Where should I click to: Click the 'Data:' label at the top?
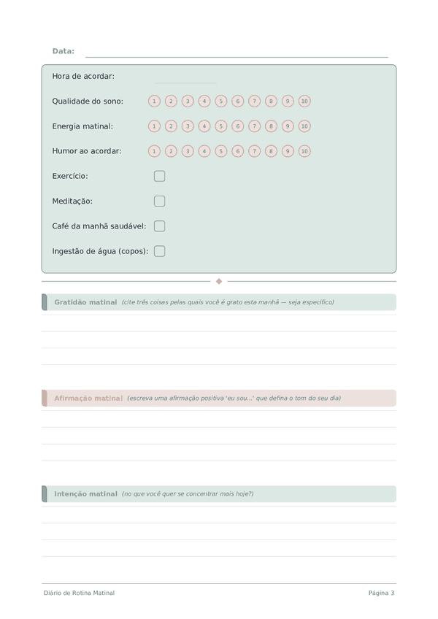pyautogui.click(x=64, y=51)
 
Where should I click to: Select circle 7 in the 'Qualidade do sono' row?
pyautogui.click(x=254, y=101)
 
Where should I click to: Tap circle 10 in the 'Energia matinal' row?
pyautogui.click(x=304, y=126)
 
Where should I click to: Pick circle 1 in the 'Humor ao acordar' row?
pyautogui.click(x=154, y=151)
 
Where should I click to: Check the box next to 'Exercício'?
pyautogui.click(x=160, y=176)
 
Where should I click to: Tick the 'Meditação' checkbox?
pyautogui.click(x=160, y=201)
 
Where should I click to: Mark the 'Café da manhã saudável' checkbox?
pyautogui.click(x=160, y=226)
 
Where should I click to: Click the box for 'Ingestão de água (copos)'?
pyautogui.click(x=160, y=251)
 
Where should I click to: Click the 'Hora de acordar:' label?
pyautogui.click(x=83, y=77)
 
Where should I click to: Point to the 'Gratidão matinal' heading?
pyautogui.click(x=85, y=302)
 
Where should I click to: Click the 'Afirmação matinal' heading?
pyautogui.click(x=88, y=399)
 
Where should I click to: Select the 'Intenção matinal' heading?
pyautogui.click(x=85, y=494)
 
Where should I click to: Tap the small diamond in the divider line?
pyautogui.click(x=219, y=281)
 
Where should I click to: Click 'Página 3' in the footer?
pyautogui.click(x=381, y=593)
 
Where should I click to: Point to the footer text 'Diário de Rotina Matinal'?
pyautogui.click(x=79, y=593)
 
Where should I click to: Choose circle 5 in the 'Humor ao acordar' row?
pyautogui.click(x=221, y=151)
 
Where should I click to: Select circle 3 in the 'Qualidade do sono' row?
pyautogui.click(x=188, y=101)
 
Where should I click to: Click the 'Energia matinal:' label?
pyautogui.click(x=82, y=126)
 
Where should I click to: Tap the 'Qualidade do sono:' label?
pyautogui.click(x=88, y=101)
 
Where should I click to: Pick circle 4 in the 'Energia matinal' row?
pyautogui.click(x=204, y=126)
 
